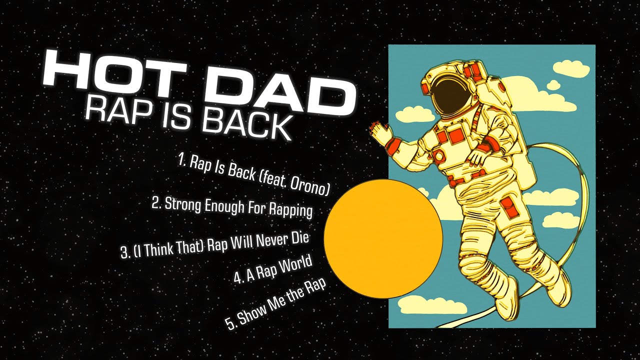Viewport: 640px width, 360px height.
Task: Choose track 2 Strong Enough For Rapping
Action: (x=232, y=206)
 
